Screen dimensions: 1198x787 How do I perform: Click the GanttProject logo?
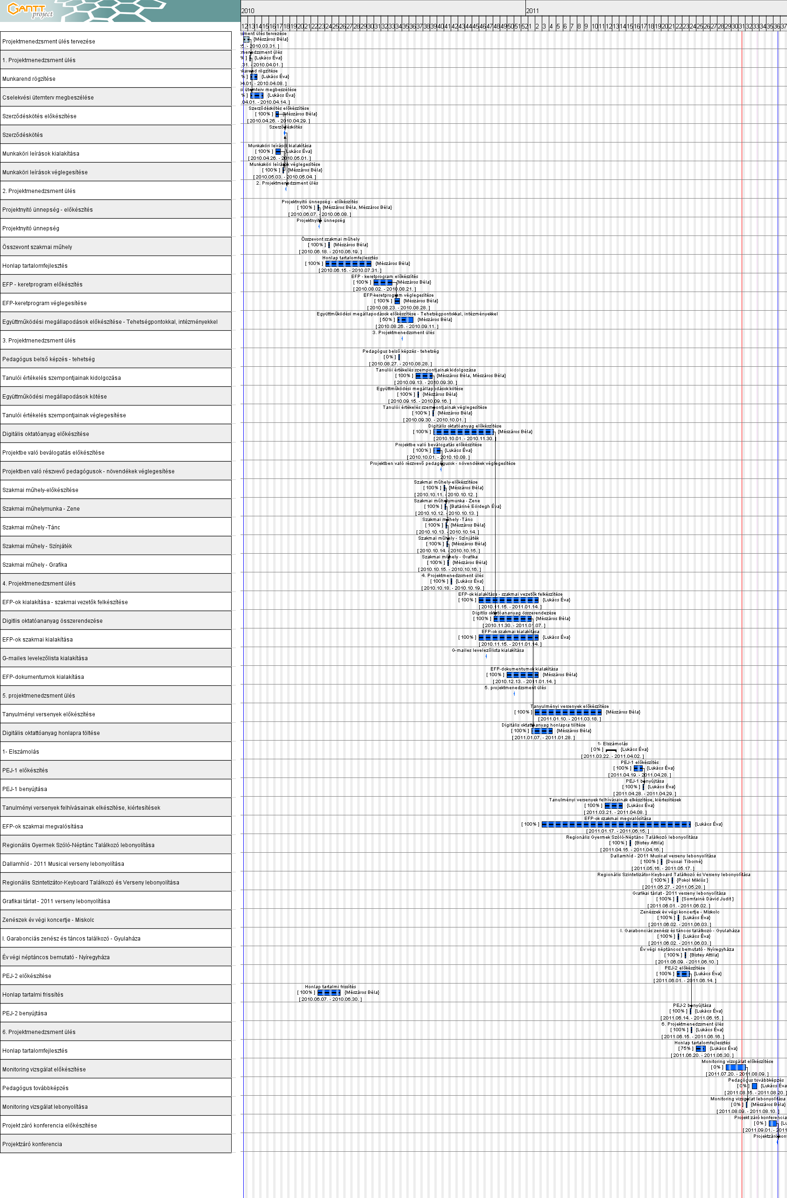coord(30,10)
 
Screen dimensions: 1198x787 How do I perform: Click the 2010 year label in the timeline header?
coord(248,11)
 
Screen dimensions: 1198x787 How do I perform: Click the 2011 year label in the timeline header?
coord(532,11)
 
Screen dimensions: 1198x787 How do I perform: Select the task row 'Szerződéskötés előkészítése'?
coord(116,116)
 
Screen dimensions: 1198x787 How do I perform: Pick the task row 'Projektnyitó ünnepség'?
coord(116,228)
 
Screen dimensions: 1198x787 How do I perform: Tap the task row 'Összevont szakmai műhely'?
coord(116,247)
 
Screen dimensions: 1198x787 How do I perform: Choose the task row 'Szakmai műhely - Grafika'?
coord(116,565)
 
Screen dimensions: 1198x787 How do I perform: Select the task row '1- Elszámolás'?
coord(116,751)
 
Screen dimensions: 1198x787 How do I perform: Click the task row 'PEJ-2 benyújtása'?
coord(116,1013)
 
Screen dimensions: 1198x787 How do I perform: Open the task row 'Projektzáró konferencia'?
coord(116,1144)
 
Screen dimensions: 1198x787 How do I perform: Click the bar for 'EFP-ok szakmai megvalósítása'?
coord(616,825)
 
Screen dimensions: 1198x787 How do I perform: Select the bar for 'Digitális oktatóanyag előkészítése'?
coord(463,432)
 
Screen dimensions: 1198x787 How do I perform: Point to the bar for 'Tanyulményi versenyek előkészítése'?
coord(567,712)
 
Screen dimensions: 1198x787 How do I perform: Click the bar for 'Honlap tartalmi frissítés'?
coord(329,992)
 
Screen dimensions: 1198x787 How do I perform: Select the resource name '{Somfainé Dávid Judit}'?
coord(708,899)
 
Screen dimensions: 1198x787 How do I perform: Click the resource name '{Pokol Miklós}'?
coord(692,880)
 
